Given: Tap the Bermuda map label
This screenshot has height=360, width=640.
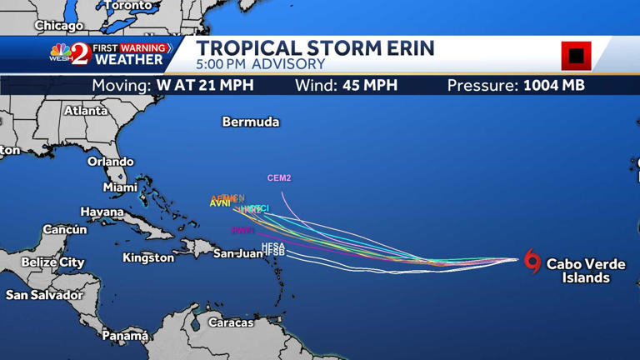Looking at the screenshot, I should coord(250,122).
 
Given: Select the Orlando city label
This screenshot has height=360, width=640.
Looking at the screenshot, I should coord(110,162).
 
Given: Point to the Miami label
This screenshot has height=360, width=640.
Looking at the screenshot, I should coord(120,187).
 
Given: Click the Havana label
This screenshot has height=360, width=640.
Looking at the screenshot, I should coord(102,212).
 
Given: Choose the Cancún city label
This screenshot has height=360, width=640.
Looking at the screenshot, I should coord(65,229).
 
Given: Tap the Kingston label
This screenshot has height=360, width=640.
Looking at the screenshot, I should coord(148,257).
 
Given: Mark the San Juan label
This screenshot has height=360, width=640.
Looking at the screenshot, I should coord(237,253).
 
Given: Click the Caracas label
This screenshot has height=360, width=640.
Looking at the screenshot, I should coord(231,322).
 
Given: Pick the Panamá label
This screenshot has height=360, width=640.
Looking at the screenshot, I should coord(125,336).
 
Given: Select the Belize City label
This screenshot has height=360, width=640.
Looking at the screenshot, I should coord(52,262).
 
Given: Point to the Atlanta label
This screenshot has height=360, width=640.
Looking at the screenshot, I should coord(86,110).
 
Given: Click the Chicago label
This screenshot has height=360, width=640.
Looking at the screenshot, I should coord(58,26).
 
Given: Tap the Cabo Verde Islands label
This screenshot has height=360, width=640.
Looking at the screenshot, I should coord(586,271).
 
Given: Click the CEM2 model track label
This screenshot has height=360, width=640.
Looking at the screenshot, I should coord(279,178).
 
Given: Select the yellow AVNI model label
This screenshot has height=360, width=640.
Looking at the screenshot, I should coord(220,203).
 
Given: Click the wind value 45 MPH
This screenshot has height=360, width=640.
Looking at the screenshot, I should coord(370,86).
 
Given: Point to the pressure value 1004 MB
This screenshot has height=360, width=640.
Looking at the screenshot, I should coord(553,86).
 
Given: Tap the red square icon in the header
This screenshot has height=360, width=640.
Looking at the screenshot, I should coord(576,56).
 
